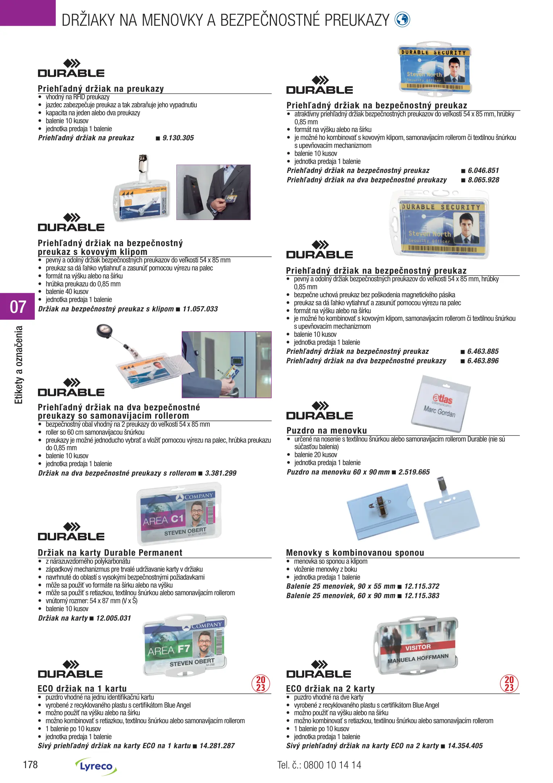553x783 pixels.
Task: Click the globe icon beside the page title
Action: click(x=402, y=20)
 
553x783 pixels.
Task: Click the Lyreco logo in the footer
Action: click(x=96, y=766)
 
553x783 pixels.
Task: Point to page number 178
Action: click(x=30, y=765)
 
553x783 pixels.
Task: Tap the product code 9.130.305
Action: click(x=178, y=138)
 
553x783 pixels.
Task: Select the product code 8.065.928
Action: click(x=483, y=180)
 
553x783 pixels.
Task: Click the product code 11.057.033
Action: click(x=200, y=309)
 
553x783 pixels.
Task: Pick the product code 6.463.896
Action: click(x=483, y=361)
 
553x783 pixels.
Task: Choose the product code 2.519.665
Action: click(x=414, y=472)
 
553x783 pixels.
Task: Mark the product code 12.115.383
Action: click(x=422, y=596)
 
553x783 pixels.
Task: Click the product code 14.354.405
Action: click(x=465, y=746)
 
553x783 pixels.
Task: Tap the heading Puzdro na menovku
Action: click(x=327, y=431)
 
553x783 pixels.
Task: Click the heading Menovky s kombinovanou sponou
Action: click(x=355, y=553)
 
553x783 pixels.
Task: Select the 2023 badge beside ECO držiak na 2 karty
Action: click(x=509, y=684)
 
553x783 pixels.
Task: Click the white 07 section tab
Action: click(x=17, y=307)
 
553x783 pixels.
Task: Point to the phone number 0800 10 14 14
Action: click(x=332, y=765)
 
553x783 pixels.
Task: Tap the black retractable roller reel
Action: click(x=104, y=331)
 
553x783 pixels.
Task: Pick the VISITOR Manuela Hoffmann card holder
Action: click(x=418, y=645)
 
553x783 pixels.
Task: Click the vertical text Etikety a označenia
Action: click(x=18, y=365)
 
